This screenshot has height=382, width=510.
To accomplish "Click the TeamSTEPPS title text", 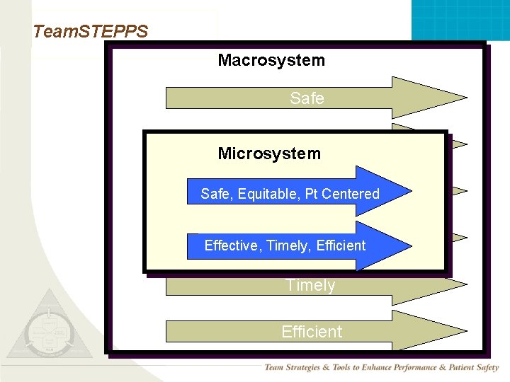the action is pos(90,32).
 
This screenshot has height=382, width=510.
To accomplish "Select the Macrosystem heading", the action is pos(271,60).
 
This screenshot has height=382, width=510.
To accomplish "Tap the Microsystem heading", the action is pos(269,154).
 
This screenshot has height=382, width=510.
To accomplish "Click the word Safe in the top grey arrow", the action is pos(307,98).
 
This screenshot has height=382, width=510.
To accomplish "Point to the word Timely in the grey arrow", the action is pos(310,285).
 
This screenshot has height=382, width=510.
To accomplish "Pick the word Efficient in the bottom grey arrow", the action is pos(312,331).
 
